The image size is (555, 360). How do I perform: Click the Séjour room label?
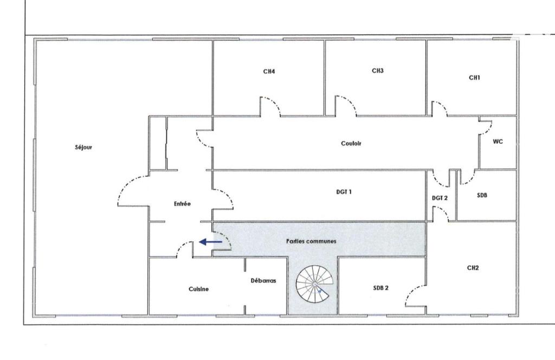[83, 147]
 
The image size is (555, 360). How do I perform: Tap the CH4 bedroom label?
[269, 72]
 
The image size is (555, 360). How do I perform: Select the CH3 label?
[378, 71]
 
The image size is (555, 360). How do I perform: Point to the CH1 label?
[474, 78]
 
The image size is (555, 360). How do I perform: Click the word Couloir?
[351, 143]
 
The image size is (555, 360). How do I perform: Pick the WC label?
[498, 142]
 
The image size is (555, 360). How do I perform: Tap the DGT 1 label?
[344, 192]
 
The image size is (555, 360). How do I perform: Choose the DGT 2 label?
[440, 198]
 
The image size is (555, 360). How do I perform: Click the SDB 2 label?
[381, 288]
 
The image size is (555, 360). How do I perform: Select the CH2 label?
[473, 268]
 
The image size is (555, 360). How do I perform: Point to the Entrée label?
[182, 204]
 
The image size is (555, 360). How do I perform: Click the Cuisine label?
[198, 289]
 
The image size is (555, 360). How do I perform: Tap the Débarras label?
[263, 281]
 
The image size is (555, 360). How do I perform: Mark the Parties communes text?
[311, 241]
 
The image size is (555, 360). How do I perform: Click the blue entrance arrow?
[211, 242]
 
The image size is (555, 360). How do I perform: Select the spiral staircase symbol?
[315, 284]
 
